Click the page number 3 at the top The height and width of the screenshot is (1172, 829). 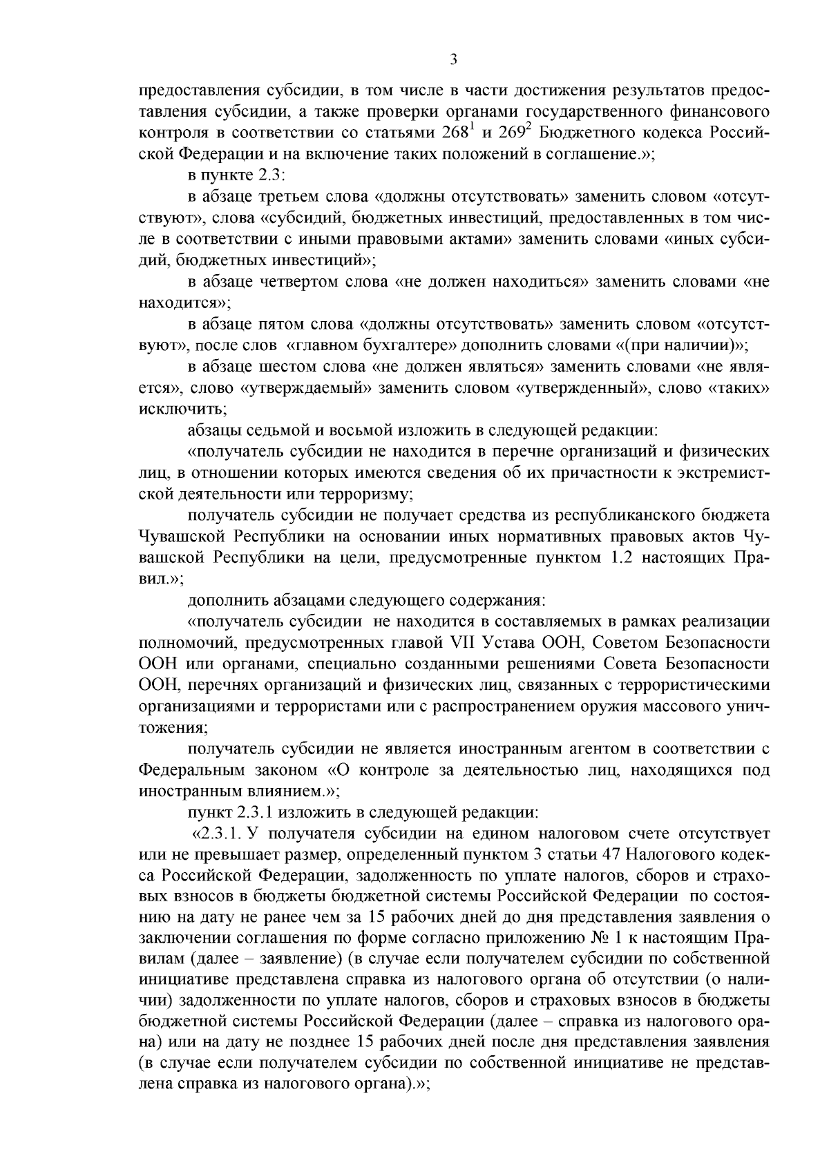(x=454, y=60)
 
